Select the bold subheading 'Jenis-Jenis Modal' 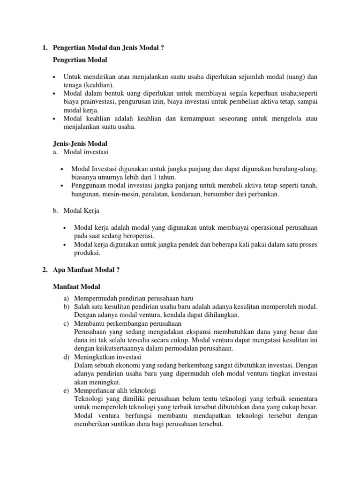click(x=81, y=143)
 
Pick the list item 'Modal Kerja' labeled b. click(x=81, y=211)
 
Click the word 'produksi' click(x=87, y=253)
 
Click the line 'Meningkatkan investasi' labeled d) click(x=108, y=357)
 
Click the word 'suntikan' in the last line click(x=122, y=424)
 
